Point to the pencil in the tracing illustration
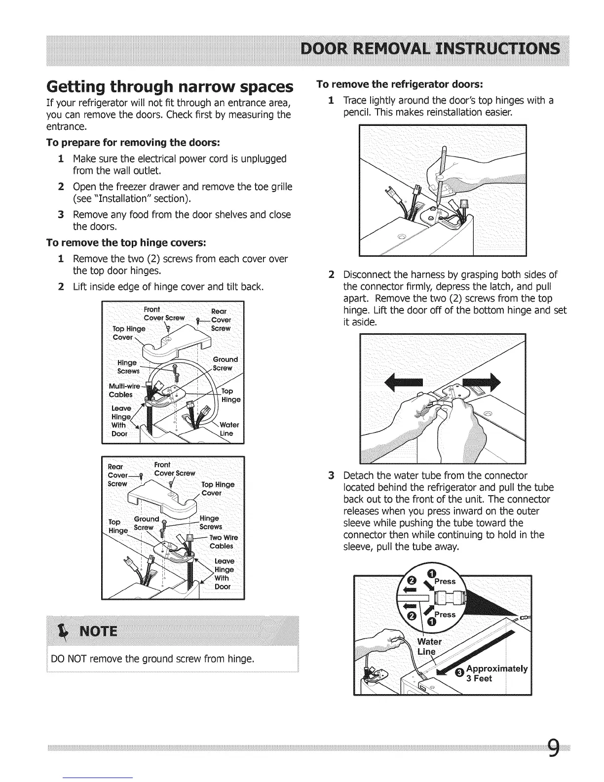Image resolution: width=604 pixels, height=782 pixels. (440, 163)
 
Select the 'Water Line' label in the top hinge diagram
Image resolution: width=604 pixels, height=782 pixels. (229, 429)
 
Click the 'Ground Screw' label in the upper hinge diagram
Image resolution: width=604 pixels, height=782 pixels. (225, 363)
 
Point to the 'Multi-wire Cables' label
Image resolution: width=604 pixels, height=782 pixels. (121, 390)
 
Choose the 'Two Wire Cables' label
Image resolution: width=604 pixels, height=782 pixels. (223, 542)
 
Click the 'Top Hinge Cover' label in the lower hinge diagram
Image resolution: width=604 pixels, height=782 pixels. (218, 489)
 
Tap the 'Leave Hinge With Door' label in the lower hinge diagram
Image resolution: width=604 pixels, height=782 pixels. (225, 574)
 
